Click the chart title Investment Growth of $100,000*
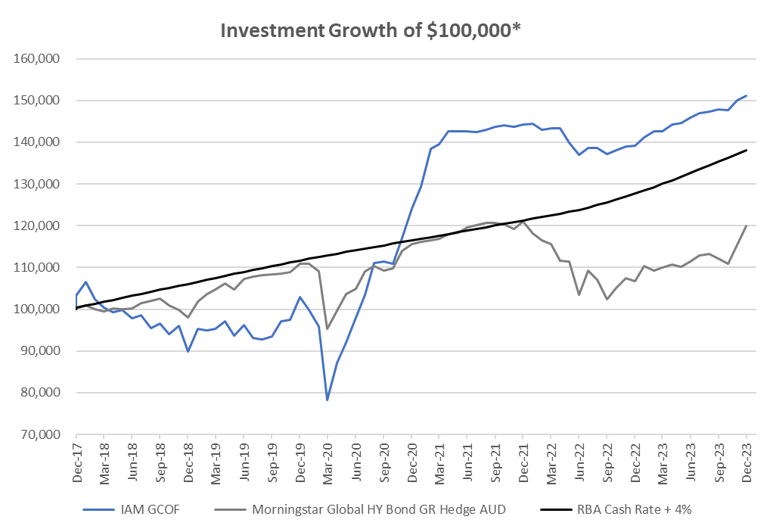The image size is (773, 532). tap(371, 30)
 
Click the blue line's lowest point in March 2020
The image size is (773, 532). tap(328, 400)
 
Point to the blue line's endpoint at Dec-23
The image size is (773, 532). tap(747, 95)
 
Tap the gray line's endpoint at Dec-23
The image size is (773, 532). tap(747, 226)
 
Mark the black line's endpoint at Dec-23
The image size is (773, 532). tap(747, 150)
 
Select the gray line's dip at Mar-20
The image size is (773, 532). tap(328, 328)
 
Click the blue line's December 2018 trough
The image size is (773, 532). tap(188, 351)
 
